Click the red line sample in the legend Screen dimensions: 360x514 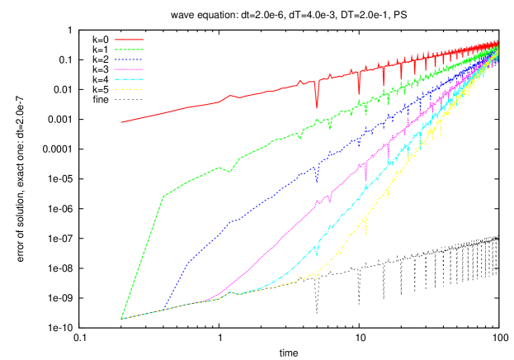(x=130, y=40)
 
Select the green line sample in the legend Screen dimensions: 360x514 (x=130, y=50)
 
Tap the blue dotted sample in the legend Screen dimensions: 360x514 (x=130, y=59)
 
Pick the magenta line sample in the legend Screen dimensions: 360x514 (x=130, y=69)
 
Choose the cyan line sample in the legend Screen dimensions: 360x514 (x=130, y=79)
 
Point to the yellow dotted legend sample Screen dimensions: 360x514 (x=130, y=89)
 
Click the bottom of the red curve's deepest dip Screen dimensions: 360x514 (x=316, y=107)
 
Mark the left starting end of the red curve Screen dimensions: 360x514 (x=121, y=122)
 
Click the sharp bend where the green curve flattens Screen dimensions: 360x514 (x=163, y=197)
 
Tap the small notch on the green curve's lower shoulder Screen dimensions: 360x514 (x=231, y=172)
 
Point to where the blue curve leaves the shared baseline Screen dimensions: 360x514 (x=164, y=310)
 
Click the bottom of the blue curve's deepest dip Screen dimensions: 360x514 (x=316, y=180)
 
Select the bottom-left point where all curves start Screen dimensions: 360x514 (x=121, y=318)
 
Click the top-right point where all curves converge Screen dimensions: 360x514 (x=497, y=41)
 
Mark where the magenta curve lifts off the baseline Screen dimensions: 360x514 (x=213, y=297)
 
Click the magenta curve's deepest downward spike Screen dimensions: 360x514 (x=365, y=181)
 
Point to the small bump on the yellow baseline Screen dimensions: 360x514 (x=231, y=291)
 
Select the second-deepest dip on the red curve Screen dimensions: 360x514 (x=359, y=95)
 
